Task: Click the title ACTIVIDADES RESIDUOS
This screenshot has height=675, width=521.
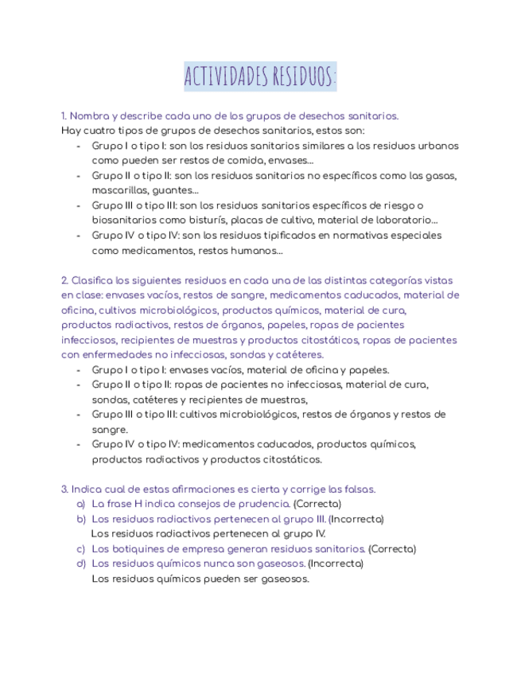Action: (260, 76)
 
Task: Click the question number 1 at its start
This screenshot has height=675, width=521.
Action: (64, 115)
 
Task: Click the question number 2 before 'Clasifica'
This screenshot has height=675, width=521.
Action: (64, 281)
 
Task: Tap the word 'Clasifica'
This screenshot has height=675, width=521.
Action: (92, 281)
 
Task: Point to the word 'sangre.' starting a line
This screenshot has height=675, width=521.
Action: (110, 430)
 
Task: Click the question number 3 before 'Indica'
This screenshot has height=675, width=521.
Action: (64, 490)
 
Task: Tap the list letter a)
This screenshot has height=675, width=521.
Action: (80, 505)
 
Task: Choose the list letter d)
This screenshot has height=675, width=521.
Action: (80, 564)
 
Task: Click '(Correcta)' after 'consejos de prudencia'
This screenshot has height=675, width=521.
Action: (317, 505)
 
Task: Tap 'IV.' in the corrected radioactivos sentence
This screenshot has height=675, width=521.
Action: (317, 534)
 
